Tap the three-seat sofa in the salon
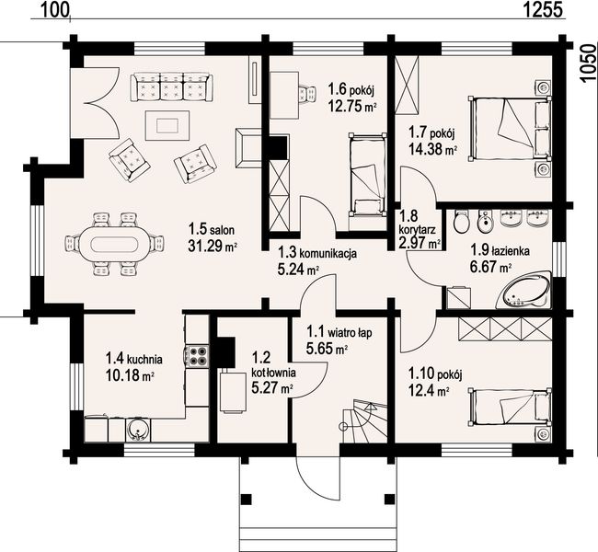pyautogui.click(x=171, y=87)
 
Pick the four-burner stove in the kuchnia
pyautogui.click(x=197, y=356)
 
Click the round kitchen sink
pyautogui.click(x=136, y=431)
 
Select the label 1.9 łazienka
pyautogui.click(x=500, y=250)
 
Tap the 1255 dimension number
pyautogui.click(x=542, y=10)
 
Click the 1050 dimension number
pyautogui.click(x=588, y=62)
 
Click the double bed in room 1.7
pyautogui.click(x=511, y=128)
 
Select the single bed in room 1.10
pyautogui.click(x=511, y=407)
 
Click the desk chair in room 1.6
pyautogui.click(x=307, y=94)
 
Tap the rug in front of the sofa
pyautogui.click(x=167, y=125)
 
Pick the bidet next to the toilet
pyautogui.click(x=485, y=221)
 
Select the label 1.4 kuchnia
pyautogui.click(x=133, y=360)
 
